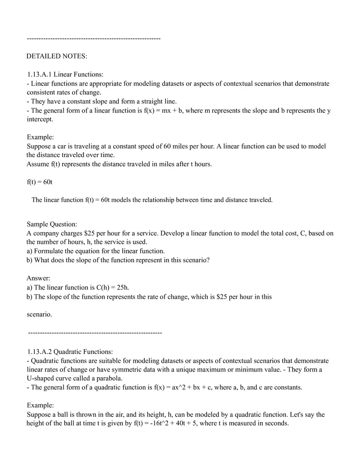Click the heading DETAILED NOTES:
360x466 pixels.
pyautogui.click(x=57, y=56)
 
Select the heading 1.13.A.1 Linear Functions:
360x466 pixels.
pyautogui.click(x=65, y=74)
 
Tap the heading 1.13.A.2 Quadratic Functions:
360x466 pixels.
pyautogui.click(x=70, y=351)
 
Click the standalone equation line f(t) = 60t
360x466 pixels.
pyautogui.click(x=40, y=182)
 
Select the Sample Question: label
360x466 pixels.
pyautogui.click(x=52, y=224)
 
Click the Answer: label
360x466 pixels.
pyautogui.click(x=38, y=278)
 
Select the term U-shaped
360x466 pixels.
pyautogui.click(x=40, y=378)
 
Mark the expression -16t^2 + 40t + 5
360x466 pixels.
pyautogui.click(x=171, y=423)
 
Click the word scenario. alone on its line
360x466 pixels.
pyautogui.click(x=39, y=314)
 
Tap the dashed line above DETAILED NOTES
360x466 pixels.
pyautogui.click(x=93, y=38)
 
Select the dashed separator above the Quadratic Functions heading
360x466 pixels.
pyautogui.click(x=95, y=333)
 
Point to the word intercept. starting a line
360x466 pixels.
pyautogui.click(x=40, y=119)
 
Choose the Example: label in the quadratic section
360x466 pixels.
pyautogui.click(x=40, y=405)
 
